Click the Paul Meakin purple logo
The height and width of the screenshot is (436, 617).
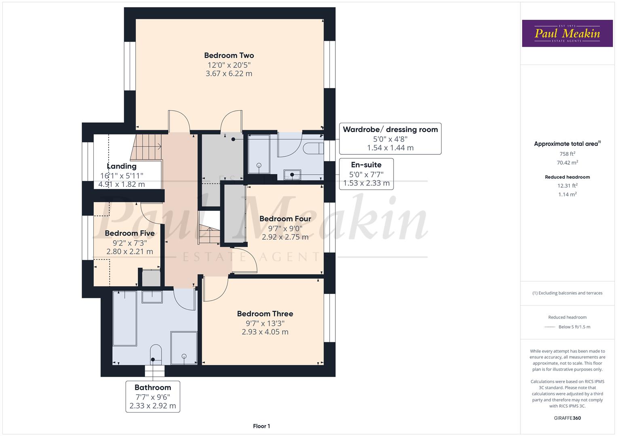click(x=567, y=34)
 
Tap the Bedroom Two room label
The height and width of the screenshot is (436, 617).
click(x=229, y=56)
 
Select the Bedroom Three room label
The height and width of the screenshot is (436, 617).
click(x=265, y=314)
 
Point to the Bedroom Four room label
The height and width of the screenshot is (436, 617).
click(x=285, y=219)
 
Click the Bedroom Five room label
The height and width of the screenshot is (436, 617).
click(x=129, y=233)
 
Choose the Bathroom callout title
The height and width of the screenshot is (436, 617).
click(x=153, y=388)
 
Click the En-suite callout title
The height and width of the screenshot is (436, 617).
click(x=366, y=165)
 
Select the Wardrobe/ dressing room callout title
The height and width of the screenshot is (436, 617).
click(x=390, y=130)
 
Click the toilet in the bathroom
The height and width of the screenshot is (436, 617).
click(x=156, y=354)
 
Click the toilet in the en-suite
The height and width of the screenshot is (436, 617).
click(x=314, y=148)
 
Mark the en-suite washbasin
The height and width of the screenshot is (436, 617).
click(x=292, y=174)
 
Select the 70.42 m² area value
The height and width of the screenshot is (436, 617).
click(x=567, y=163)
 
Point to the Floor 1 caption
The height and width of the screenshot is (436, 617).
click(x=261, y=426)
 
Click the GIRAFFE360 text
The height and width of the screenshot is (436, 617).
click(x=567, y=418)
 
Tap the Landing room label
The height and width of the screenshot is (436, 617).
click(x=122, y=166)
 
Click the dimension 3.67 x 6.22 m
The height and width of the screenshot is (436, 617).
click(x=229, y=74)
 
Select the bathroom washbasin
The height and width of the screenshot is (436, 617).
click(x=152, y=297)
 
